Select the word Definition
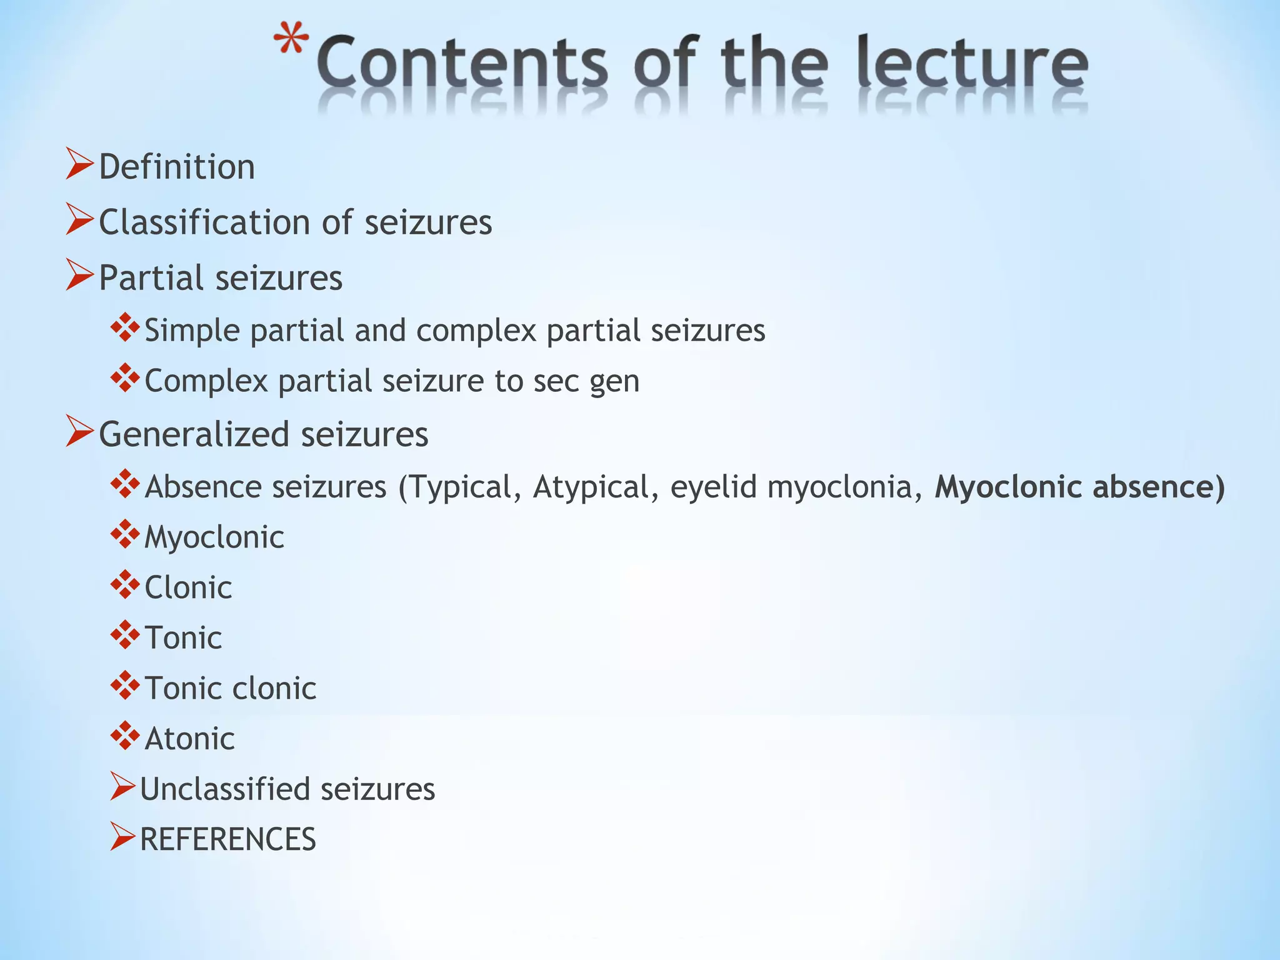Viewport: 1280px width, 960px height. pyautogui.click(x=177, y=167)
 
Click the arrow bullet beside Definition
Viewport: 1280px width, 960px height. pyautogui.click(x=79, y=165)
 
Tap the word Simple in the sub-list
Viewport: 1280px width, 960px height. pyautogui.click(x=192, y=331)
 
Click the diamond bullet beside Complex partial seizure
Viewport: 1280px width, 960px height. pyautogui.click(x=125, y=378)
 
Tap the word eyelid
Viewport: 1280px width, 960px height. pyautogui.click(x=713, y=487)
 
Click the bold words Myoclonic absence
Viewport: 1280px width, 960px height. pyautogui.click(x=1079, y=487)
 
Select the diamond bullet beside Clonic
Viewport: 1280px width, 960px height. pyautogui.click(x=125, y=585)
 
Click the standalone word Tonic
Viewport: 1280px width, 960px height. pyautogui.click(x=183, y=638)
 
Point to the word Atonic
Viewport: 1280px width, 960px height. pyautogui.click(x=189, y=739)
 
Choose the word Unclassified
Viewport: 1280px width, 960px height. pyautogui.click(x=225, y=789)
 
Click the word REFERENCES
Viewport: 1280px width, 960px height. pyautogui.click(x=228, y=839)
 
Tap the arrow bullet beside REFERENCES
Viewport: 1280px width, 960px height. pyautogui.click(x=122, y=837)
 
